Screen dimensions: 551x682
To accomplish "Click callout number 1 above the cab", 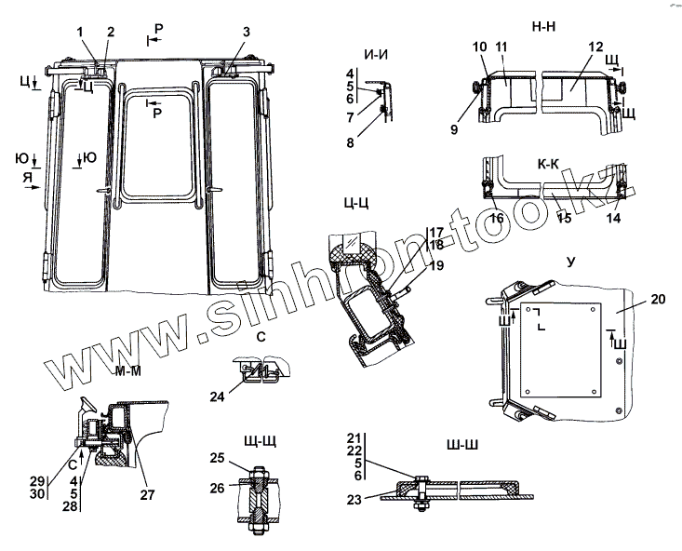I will click(81, 33).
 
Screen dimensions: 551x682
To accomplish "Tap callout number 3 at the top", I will click(246, 33).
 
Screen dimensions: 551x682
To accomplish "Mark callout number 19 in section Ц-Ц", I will click(437, 265).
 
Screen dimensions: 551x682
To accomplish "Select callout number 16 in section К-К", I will click(497, 217).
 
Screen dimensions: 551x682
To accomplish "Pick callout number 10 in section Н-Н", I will click(480, 47).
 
